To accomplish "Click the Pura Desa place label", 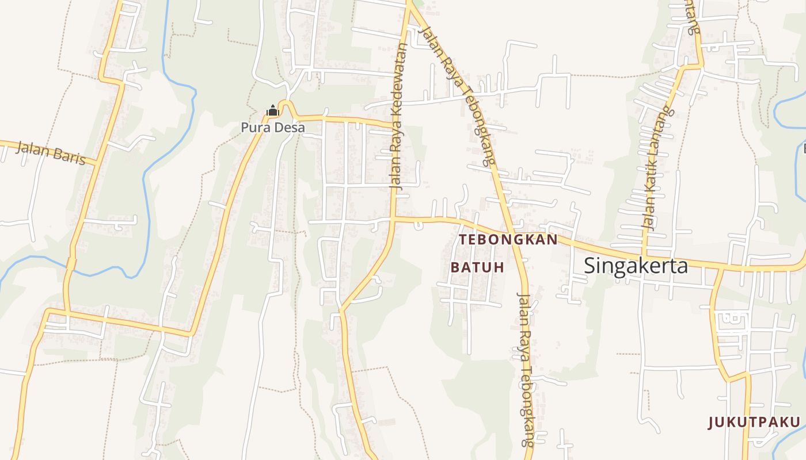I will point(273,128).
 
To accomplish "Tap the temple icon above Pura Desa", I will point(272,110).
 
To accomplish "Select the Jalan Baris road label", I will point(51,153).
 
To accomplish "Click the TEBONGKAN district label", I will point(508,239).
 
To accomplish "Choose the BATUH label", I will point(477,267).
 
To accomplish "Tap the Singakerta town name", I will point(636,266).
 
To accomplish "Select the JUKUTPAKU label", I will point(754,423).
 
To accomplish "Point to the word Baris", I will point(69,156).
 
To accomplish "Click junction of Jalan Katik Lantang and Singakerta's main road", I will point(644,255).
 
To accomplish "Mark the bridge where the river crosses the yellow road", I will point(71,264).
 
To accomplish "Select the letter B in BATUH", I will point(455,267).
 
